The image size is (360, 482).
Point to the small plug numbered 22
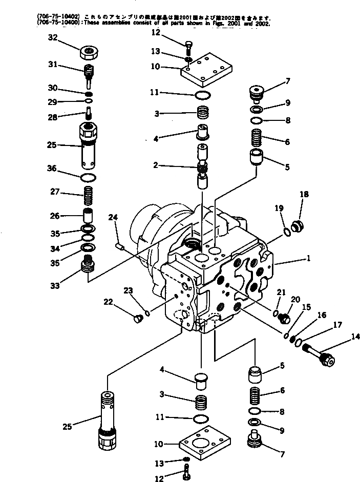click(137, 319)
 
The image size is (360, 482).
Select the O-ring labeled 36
click(89, 177)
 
